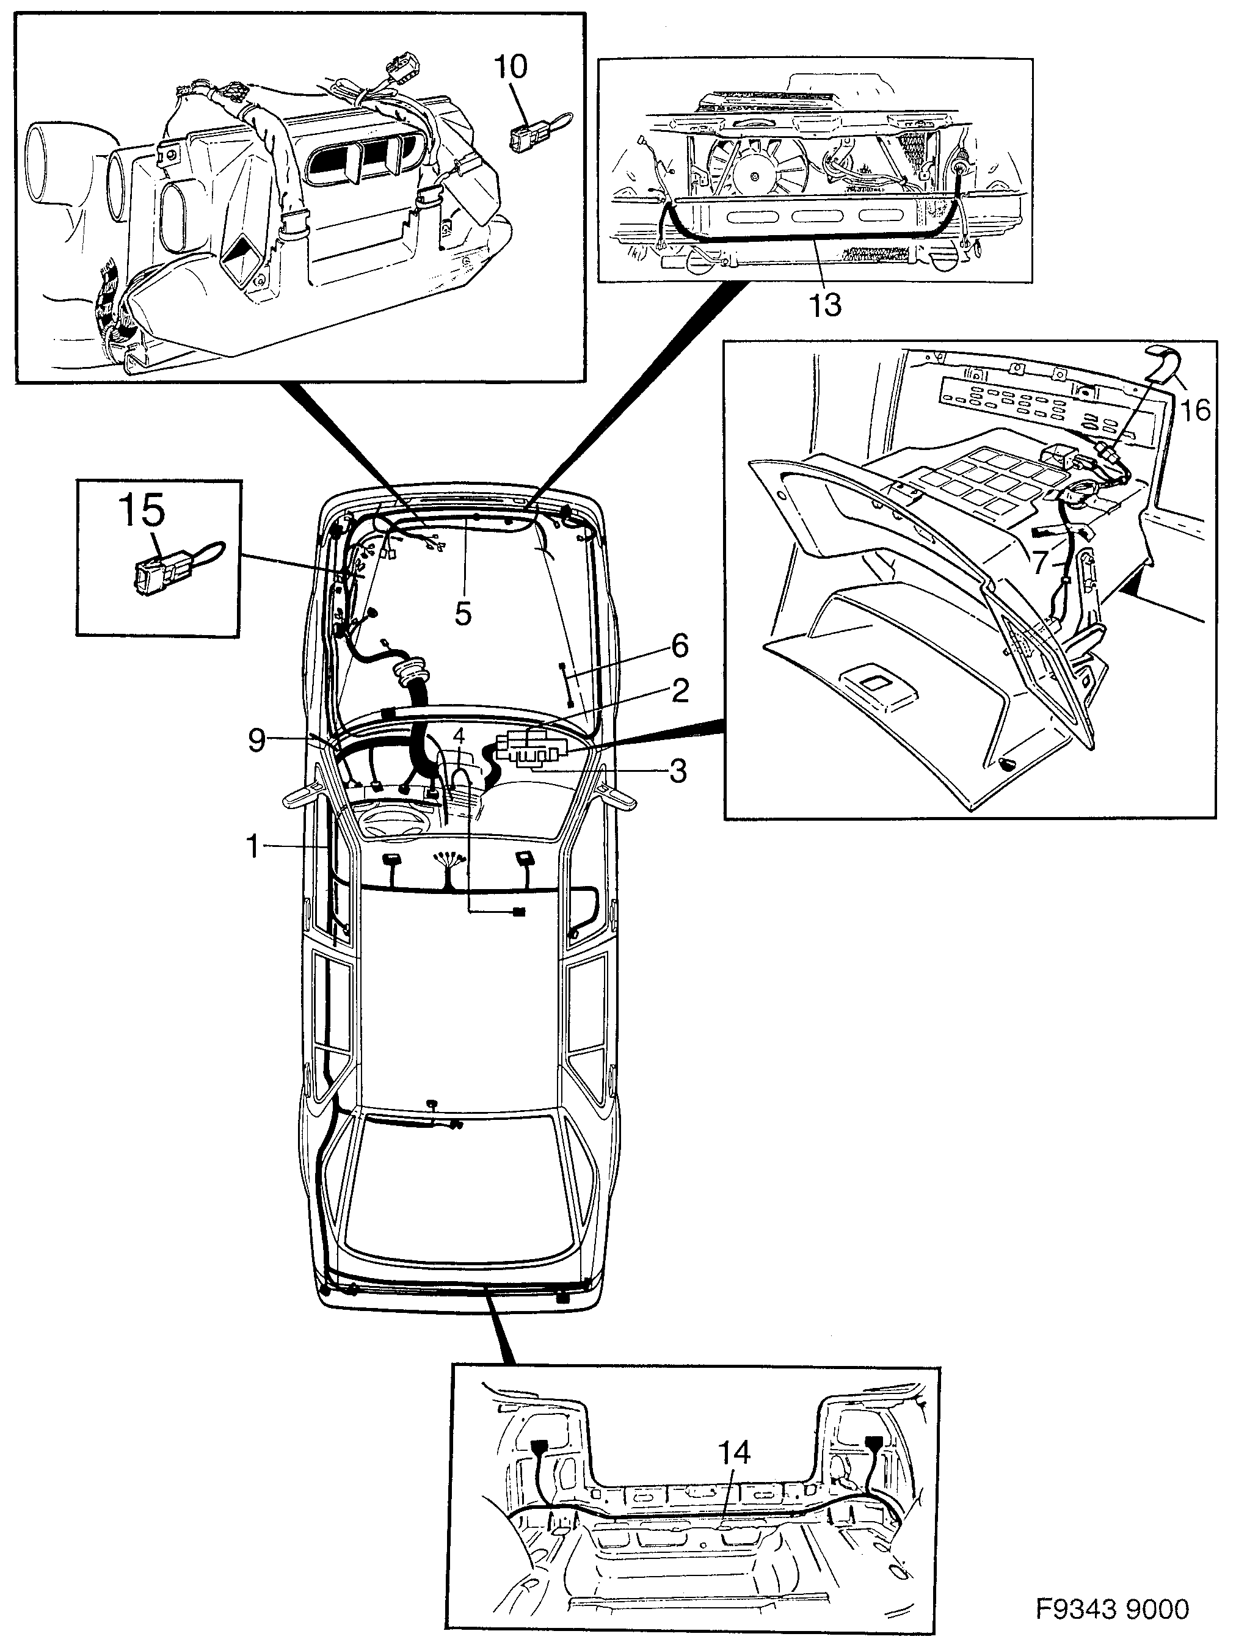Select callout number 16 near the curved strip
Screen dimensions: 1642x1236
1195,409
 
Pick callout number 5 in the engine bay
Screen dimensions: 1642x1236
462,613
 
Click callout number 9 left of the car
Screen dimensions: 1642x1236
256,740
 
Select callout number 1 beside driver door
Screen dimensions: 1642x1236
254,846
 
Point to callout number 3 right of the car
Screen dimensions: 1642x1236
678,771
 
